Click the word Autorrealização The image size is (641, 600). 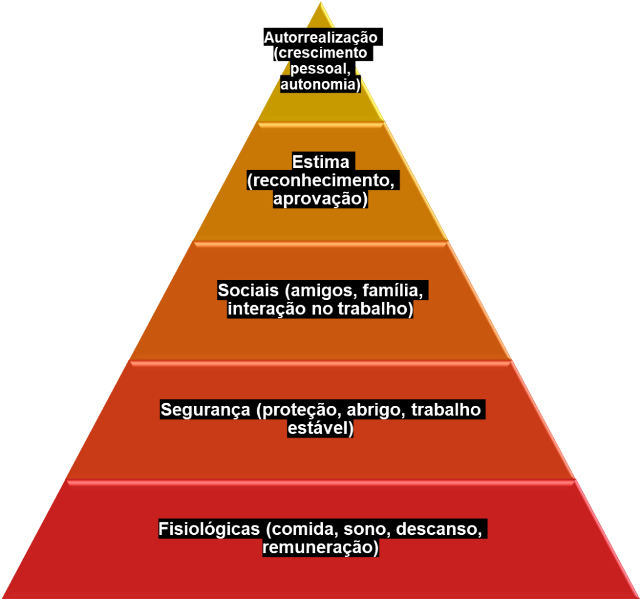[320, 38]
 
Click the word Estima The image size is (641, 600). [320, 162]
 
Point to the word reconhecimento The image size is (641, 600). [323, 181]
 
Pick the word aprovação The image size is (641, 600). [319, 199]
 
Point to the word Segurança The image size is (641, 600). [205, 410]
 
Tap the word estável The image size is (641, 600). [319, 429]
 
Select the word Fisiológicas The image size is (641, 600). [208, 529]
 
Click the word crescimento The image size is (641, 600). [320, 53]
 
